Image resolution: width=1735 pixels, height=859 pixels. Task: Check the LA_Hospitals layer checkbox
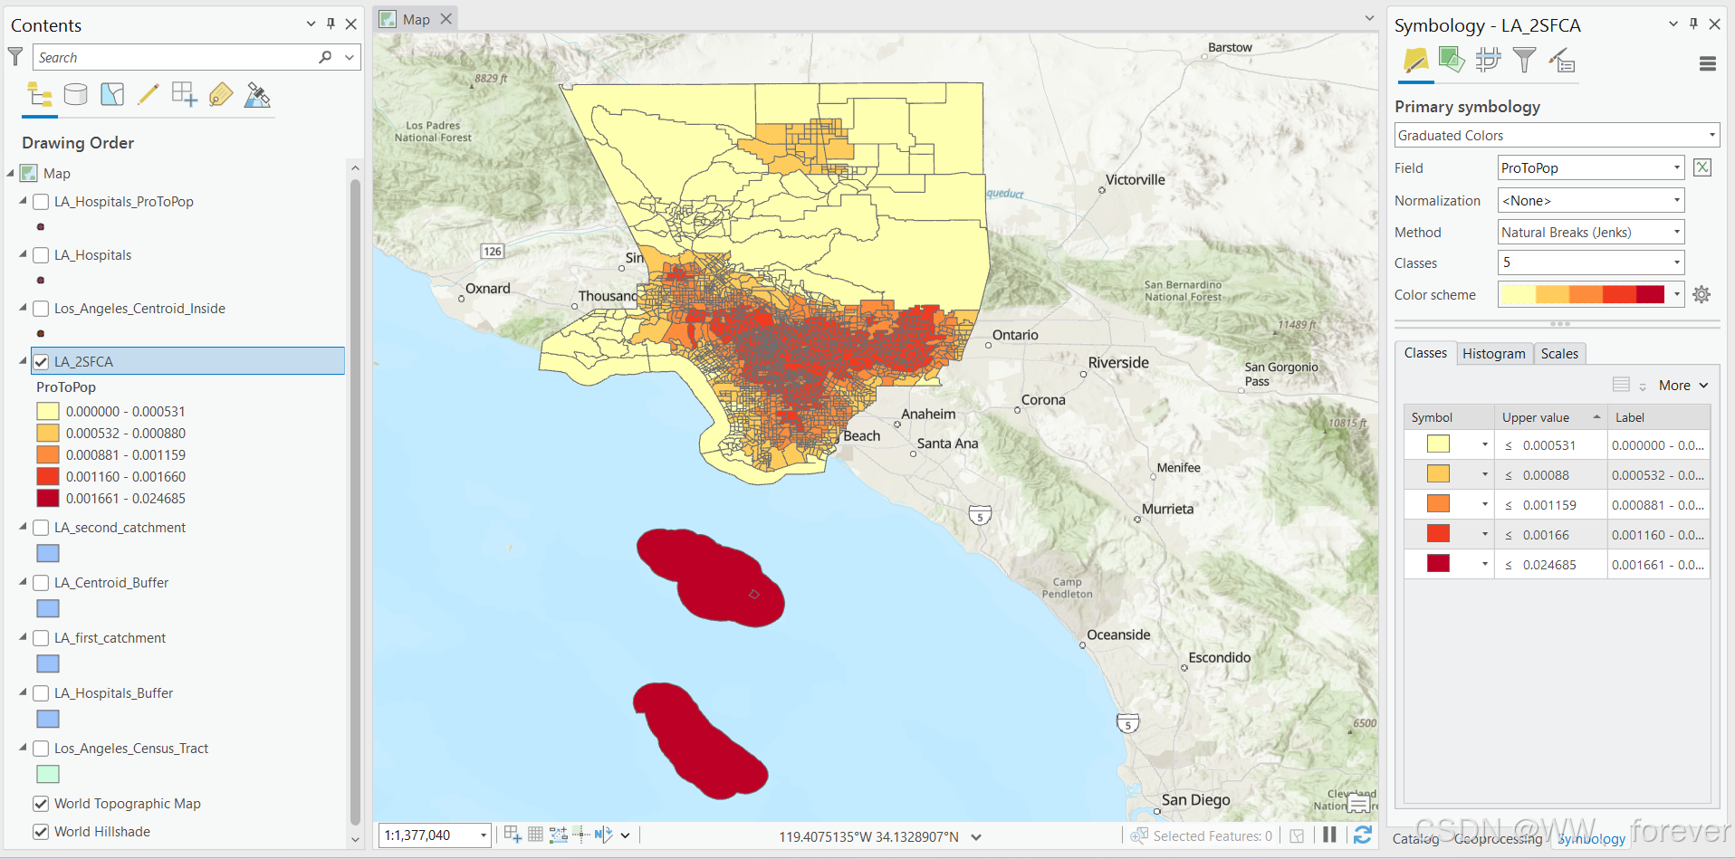41,255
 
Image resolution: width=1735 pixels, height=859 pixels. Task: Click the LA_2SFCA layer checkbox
41,362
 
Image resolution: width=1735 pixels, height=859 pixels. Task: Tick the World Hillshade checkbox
41,832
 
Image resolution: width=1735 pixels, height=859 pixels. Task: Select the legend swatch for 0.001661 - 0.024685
48,499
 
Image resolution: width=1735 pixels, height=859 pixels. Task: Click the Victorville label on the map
1135,180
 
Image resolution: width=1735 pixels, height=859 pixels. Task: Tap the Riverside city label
1118,363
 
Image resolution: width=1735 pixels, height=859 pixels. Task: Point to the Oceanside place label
1118,635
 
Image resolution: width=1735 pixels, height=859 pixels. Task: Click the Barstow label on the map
1230,48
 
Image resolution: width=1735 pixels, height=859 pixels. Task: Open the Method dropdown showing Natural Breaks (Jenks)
1590,233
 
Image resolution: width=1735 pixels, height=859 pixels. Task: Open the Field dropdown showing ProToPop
1590,168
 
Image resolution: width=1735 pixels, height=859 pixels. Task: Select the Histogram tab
1493,354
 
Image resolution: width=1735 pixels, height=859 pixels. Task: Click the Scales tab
1559,354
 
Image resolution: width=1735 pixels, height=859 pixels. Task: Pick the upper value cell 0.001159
1549,505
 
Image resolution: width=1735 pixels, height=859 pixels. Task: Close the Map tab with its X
446,19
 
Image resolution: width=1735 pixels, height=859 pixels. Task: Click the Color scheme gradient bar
1582,295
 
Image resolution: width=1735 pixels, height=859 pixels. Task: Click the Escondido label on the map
1219,658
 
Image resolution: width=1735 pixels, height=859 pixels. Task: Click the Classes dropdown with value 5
1590,263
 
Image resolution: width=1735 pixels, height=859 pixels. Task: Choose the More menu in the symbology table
1682,386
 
